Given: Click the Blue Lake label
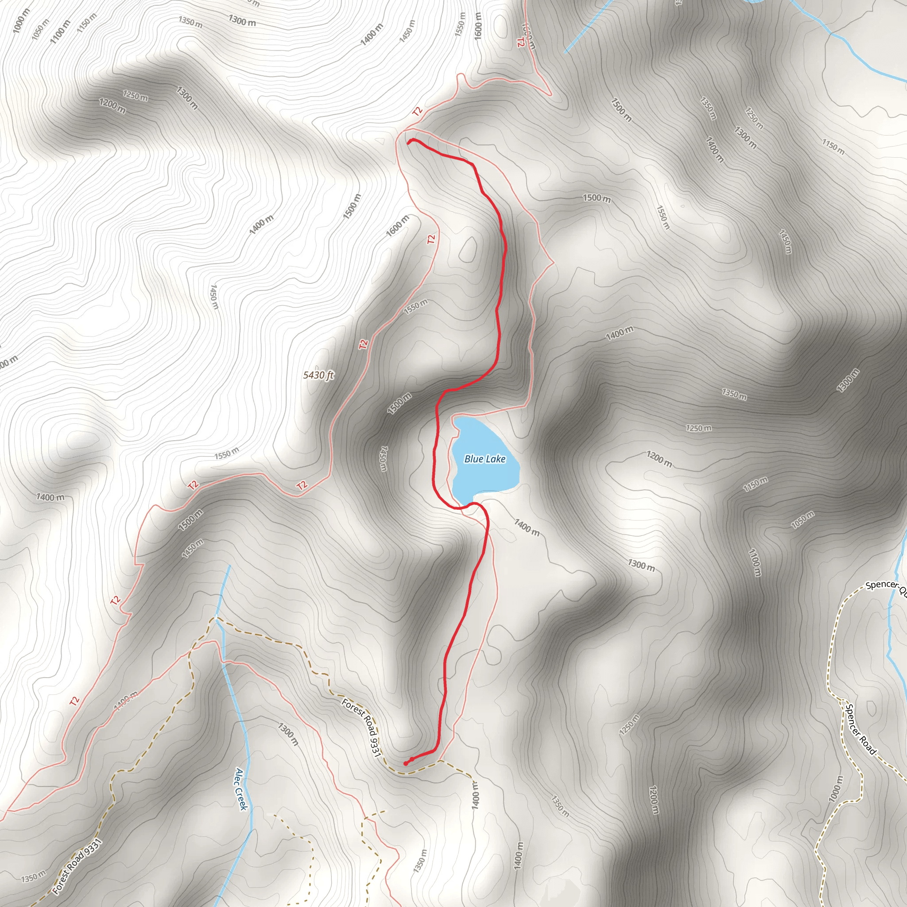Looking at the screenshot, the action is (x=485, y=459).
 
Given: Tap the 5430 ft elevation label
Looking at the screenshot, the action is (x=318, y=375).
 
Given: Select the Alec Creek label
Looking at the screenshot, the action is (x=241, y=789).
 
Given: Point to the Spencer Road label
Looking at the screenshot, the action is (x=860, y=729).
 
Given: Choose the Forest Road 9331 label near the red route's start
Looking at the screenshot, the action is (x=360, y=728).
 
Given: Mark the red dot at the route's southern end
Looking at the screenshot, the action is (x=406, y=764).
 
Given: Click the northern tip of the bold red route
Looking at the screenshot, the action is (x=409, y=142).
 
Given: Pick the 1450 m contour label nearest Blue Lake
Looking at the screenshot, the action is (x=384, y=459).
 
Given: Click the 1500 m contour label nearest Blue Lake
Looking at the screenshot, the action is (x=399, y=403).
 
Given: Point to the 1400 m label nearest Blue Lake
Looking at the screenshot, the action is (x=527, y=527).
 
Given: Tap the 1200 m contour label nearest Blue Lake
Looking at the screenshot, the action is (x=659, y=459).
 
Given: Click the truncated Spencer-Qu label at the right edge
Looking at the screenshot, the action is (x=885, y=586).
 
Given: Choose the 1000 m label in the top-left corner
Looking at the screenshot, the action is (x=21, y=21).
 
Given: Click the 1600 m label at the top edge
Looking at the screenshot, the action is (x=478, y=26).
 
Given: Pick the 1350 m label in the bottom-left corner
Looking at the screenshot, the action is (x=34, y=876).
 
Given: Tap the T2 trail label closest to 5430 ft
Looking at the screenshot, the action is (x=363, y=344).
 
